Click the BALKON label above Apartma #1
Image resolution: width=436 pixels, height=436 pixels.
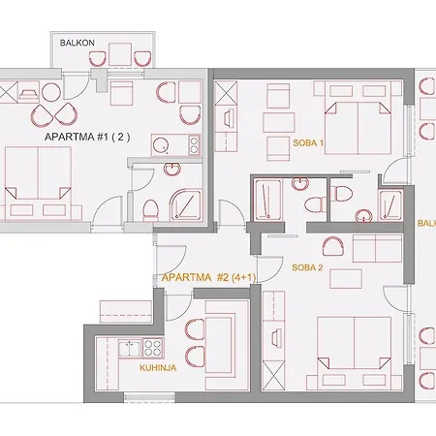77,43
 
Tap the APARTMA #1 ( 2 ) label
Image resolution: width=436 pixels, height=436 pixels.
87,137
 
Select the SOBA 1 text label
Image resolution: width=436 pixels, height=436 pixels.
308,142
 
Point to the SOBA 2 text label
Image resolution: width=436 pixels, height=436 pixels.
307,267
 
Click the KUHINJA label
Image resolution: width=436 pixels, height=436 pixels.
158,368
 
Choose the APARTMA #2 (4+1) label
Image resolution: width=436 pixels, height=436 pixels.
208,277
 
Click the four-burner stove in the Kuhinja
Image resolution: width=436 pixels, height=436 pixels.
153,348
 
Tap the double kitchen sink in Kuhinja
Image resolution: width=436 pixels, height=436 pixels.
130,348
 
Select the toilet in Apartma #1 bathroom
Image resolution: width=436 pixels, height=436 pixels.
150,209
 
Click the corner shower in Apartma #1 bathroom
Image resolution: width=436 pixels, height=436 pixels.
185,205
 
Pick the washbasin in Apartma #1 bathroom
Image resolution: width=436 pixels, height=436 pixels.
172,169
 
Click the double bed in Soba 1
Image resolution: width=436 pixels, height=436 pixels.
358,118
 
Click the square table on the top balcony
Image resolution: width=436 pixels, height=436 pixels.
120,54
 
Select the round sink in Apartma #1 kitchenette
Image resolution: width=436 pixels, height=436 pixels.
161,146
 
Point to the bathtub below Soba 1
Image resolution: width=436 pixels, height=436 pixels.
267,200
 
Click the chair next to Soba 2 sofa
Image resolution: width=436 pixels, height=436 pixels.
332,247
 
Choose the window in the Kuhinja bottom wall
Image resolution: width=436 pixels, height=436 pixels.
149,397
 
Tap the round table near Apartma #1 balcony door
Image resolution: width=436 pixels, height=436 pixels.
51,92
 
